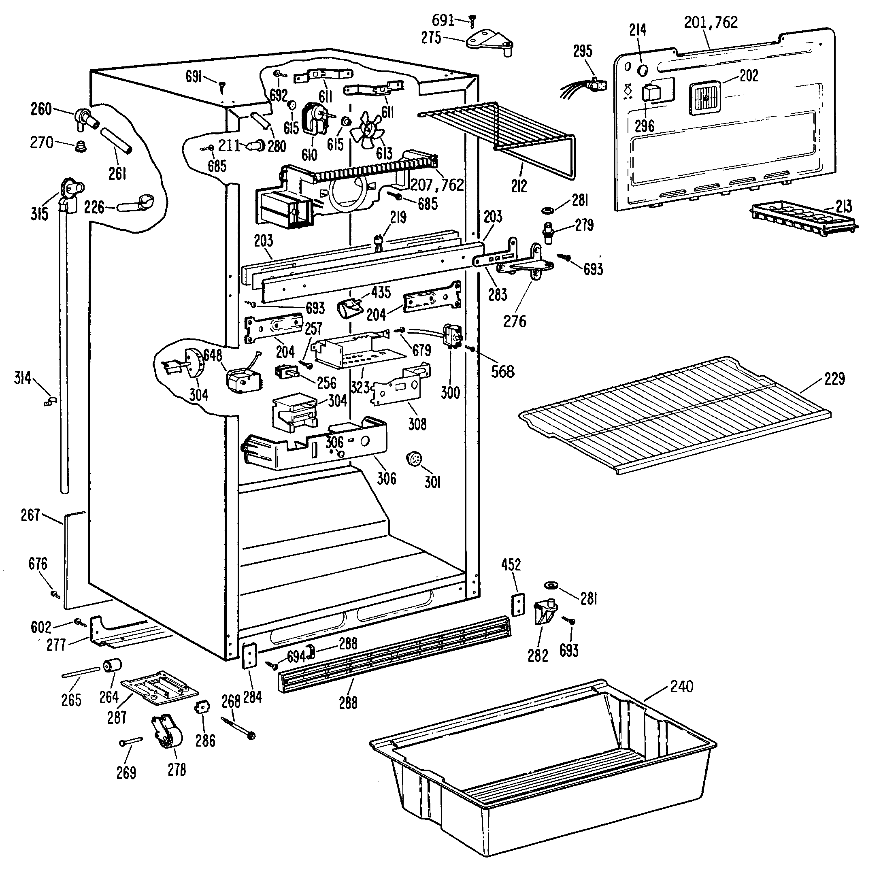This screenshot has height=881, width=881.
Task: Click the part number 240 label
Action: pos(681,687)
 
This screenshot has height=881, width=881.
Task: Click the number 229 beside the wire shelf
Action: pos(834,379)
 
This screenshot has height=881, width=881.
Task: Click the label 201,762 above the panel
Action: pos(711,22)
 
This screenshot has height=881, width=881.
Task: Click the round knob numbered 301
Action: pos(415,459)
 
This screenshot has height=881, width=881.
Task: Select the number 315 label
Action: pos(39,214)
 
